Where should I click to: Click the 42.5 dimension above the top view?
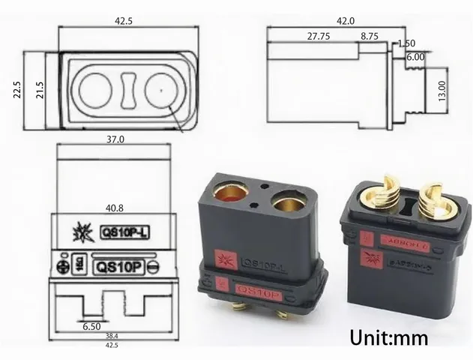[x=124, y=22]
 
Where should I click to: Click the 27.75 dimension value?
[x=319, y=36]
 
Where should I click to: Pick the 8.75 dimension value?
[x=370, y=36]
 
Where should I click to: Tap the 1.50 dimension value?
[x=408, y=43]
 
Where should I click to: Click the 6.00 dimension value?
[x=415, y=55]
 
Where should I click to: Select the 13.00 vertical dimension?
[x=442, y=91]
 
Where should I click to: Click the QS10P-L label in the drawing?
[x=124, y=232]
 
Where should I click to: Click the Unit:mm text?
[x=387, y=338]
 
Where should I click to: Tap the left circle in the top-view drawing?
[x=95, y=89]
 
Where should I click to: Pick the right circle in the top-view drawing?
[x=160, y=89]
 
